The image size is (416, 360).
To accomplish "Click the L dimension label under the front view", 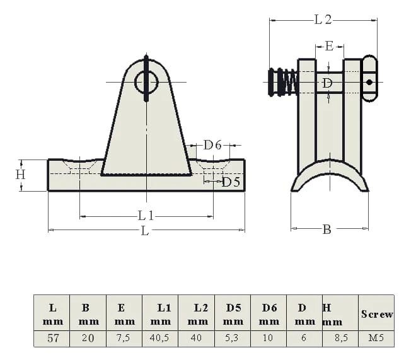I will [x=145, y=231].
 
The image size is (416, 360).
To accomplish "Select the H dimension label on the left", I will [x=20, y=175].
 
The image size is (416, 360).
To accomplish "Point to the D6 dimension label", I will [x=212, y=146].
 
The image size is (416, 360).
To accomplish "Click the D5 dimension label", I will [x=231, y=182].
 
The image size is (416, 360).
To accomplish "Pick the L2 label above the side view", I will [x=323, y=20].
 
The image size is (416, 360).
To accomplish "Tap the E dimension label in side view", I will [x=328, y=46].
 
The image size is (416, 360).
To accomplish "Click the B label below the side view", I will [x=326, y=229].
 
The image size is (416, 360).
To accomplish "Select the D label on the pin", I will [x=327, y=83].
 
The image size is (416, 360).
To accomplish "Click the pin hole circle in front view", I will [x=146, y=81].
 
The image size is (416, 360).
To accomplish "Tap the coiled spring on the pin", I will [x=287, y=83].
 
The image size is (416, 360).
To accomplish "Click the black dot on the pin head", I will [x=369, y=82].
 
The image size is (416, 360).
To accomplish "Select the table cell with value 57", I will [x=53, y=339].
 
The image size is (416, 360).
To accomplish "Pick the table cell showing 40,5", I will [x=160, y=339].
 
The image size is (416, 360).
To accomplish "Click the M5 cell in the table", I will [x=376, y=339].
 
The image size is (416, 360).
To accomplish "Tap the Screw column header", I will [x=377, y=314].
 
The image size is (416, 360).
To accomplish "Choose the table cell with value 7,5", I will [x=124, y=339].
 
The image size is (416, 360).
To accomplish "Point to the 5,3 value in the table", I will [x=232, y=339].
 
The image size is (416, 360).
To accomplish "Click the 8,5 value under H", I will [x=340, y=339].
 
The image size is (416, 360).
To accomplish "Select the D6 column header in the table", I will [x=269, y=314].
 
